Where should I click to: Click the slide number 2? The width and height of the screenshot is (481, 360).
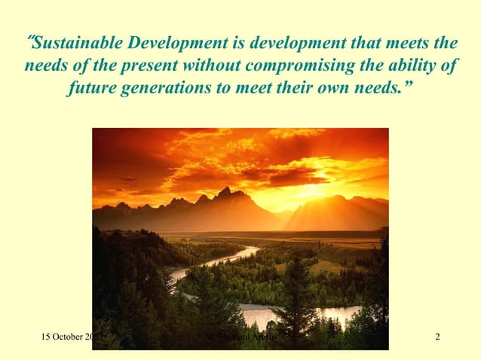pos(438,335)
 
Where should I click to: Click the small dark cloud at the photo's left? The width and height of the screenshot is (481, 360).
pos(129,178)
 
